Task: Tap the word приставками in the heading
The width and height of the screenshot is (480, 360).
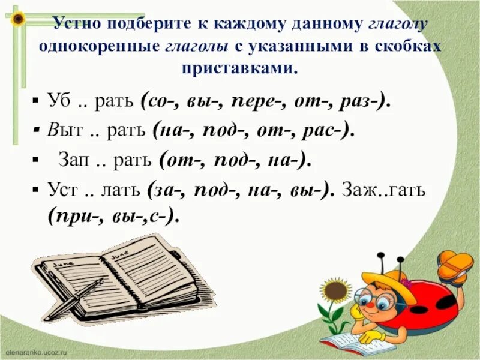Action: (239, 67)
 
